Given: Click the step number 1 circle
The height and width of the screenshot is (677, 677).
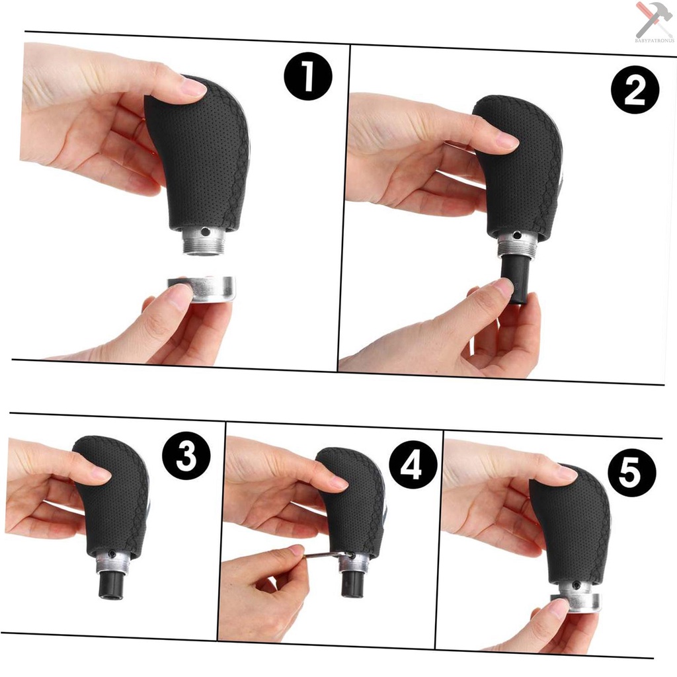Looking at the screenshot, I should [308, 77].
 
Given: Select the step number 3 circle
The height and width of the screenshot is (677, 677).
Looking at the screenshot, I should [186, 456].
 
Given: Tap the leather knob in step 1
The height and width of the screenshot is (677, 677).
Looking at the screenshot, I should [198, 159].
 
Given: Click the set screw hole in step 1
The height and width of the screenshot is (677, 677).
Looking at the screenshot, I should [206, 232].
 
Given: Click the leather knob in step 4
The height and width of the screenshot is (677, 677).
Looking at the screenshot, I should [354, 502].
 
